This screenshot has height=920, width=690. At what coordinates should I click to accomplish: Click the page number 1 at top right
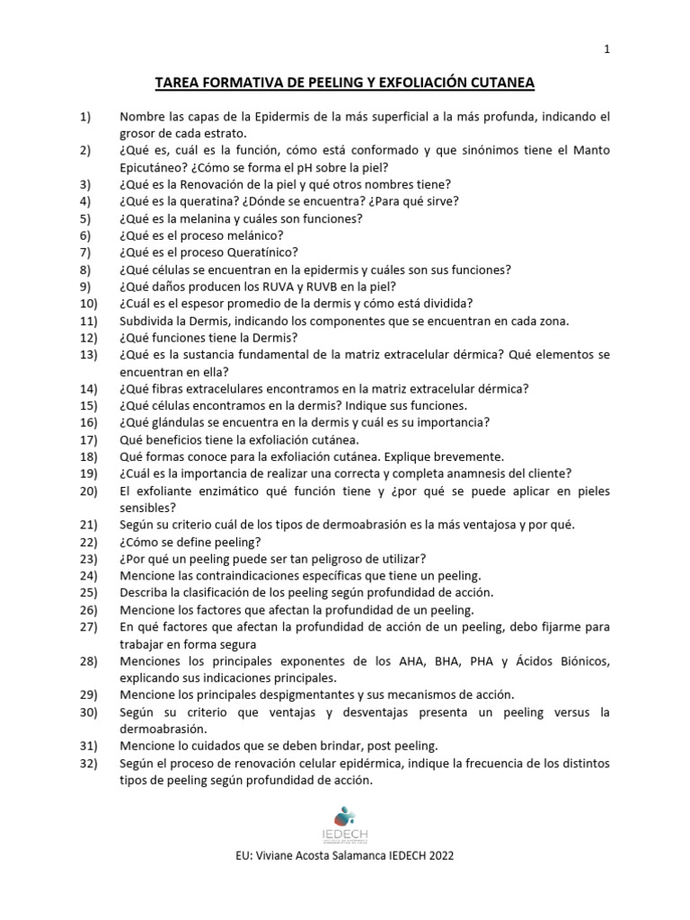(x=607, y=50)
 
